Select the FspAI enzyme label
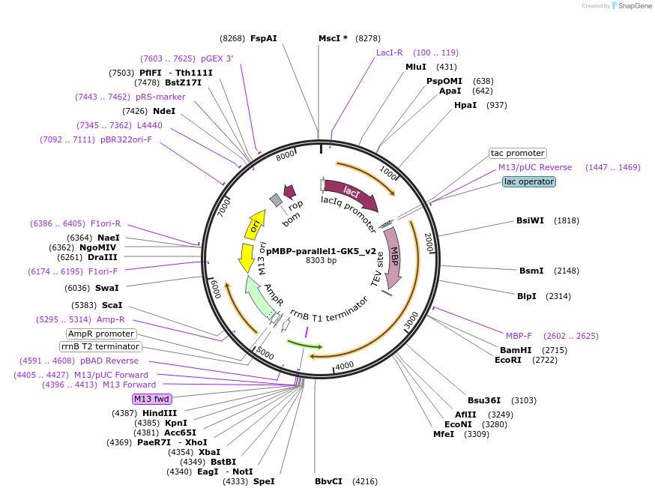click(x=263, y=37)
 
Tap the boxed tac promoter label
click(x=517, y=153)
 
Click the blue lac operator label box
click(x=529, y=181)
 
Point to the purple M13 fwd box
click(x=152, y=399)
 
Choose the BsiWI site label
click(x=530, y=220)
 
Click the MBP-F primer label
click(x=519, y=336)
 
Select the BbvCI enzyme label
click(x=328, y=481)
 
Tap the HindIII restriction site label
click(x=160, y=413)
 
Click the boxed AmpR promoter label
click(x=101, y=334)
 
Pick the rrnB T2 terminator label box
click(x=100, y=346)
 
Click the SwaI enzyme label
click(x=107, y=287)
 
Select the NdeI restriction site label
click(x=164, y=111)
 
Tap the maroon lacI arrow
click(x=351, y=194)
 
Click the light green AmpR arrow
click(x=259, y=297)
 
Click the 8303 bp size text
click(x=321, y=261)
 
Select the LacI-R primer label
click(x=390, y=52)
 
